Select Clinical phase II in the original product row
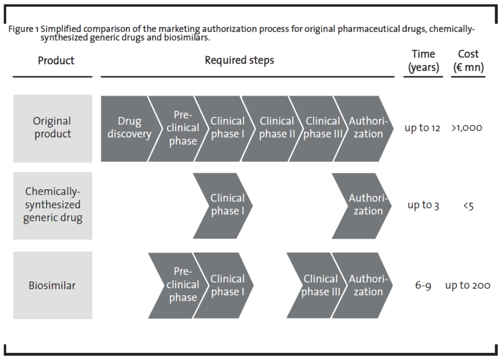(276, 128)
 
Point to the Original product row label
(52, 128)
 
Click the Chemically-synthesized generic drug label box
(52, 205)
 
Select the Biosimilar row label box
(52, 285)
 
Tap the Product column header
(56, 61)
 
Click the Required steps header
(239, 61)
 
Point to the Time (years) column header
(423, 61)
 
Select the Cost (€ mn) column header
(468, 61)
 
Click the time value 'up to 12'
(422, 128)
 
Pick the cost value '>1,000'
(467, 128)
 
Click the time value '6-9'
(423, 285)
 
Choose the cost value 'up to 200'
(467, 285)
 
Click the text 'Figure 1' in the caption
(24, 29)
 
